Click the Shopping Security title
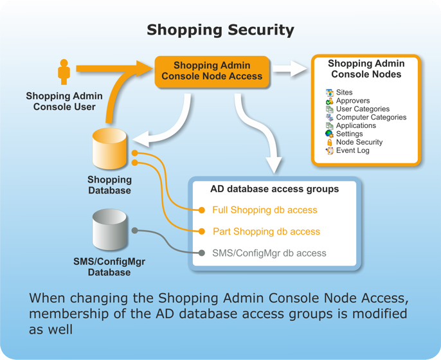point(221,30)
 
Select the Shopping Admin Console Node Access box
point(212,71)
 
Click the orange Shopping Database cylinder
point(110,150)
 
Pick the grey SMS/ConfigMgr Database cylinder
point(110,230)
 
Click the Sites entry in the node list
point(344,93)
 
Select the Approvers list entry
point(352,101)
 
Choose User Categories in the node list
point(363,109)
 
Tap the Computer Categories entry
point(371,118)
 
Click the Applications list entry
point(355,126)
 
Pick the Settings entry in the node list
point(349,134)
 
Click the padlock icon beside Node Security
point(330,142)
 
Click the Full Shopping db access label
point(264,210)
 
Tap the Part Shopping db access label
point(265,231)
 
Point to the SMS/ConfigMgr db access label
point(269,253)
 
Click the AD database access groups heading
point(274,189)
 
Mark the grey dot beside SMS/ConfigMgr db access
point(201,253)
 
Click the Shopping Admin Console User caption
point(64,102)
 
